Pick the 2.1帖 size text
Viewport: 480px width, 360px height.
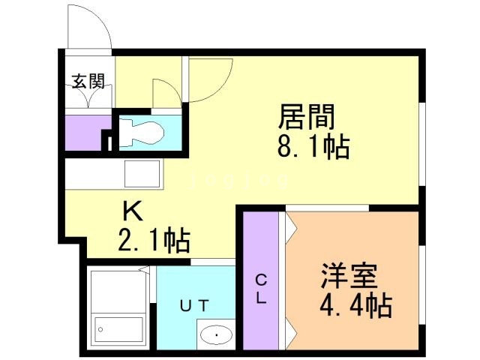point(154,241)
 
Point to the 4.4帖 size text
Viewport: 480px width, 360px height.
point(355,305)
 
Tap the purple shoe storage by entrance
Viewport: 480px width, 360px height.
point(82,132)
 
